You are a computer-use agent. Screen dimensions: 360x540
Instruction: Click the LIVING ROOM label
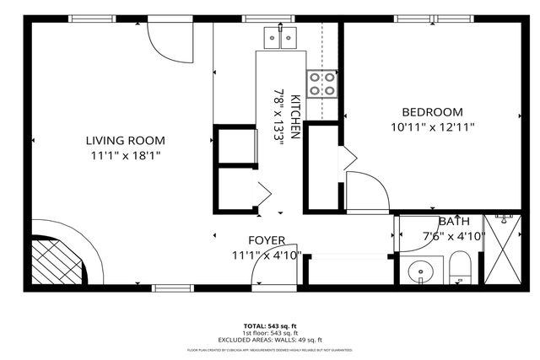click(125, 141)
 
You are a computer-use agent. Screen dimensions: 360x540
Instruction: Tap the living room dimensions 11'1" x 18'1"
click(125, 156)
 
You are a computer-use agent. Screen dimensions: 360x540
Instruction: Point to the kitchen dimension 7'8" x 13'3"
click(278, 116)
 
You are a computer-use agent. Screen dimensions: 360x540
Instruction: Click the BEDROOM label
click(432, 112)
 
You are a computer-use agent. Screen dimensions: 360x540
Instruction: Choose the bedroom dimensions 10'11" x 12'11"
click(432, 127)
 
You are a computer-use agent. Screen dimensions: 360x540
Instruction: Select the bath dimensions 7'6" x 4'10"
click(453, 237)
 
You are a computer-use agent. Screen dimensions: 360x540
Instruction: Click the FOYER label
click(266, 240)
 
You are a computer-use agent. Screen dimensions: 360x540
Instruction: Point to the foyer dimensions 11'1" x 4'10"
click(266, 255)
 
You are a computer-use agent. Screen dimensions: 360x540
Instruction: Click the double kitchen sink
click(281, 37)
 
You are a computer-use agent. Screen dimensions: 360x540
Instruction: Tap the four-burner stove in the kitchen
click(321, 83)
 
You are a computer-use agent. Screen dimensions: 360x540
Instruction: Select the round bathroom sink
click(419, 271)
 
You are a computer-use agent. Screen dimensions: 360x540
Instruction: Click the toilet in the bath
click(460, 269)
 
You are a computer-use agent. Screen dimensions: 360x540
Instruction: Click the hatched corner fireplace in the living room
click(59, 262)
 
